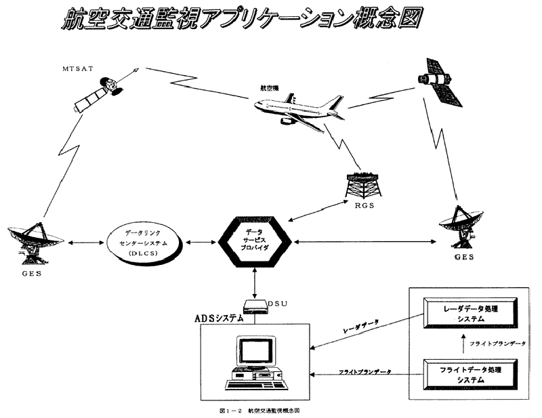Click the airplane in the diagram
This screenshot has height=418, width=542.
[295, 108]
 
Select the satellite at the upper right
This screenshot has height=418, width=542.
[440, 85]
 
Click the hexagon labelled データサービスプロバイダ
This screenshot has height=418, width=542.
[255, 241]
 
